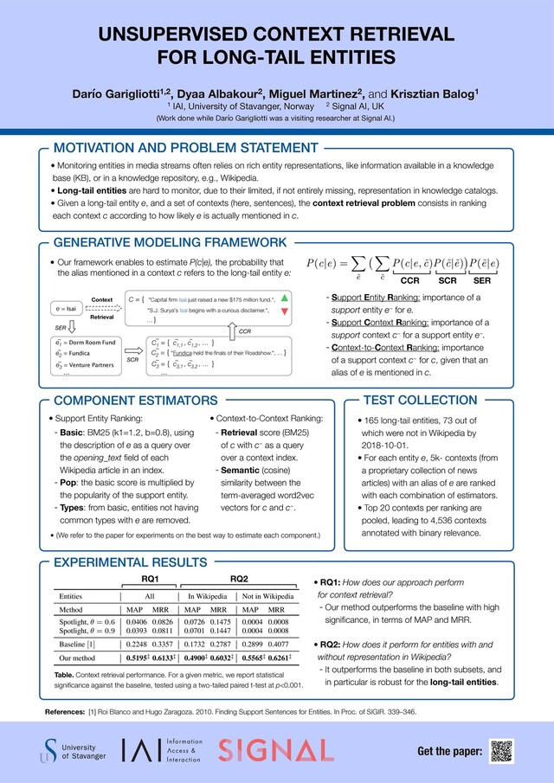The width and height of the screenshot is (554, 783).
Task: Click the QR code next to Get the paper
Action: [501, 750]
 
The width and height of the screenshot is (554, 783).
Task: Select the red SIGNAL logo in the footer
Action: [271, 750]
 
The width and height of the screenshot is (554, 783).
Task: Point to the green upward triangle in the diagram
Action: [286, 297]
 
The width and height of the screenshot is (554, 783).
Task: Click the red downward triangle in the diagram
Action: [286, 309]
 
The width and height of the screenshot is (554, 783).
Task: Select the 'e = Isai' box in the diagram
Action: [68, 308]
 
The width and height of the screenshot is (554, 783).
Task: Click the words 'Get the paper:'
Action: [449, 751]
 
